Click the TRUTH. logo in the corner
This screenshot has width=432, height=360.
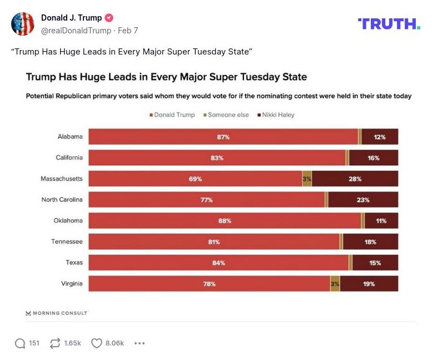(389, 23)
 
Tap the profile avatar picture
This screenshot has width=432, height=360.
(23, 23)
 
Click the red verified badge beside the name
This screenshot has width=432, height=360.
(109, 18)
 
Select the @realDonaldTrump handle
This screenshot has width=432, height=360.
(76, 31)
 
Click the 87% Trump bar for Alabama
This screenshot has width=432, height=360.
(223, 137)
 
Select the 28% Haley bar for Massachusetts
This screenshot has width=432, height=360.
(355, 179)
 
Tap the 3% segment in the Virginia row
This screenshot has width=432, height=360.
(335, 284)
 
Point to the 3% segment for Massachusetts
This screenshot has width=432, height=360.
(307, 179)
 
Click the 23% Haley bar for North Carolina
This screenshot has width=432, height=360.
(363, 200)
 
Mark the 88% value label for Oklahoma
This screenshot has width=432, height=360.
(225, 221)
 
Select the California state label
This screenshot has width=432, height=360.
(69, 157)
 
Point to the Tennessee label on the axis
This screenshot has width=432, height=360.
(67, 241)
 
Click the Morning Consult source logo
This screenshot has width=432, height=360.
(56, 313)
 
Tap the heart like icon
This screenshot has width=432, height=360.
(97, 343)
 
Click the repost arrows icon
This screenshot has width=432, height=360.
(54, 343)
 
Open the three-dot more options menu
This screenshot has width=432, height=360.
(140, 343)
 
